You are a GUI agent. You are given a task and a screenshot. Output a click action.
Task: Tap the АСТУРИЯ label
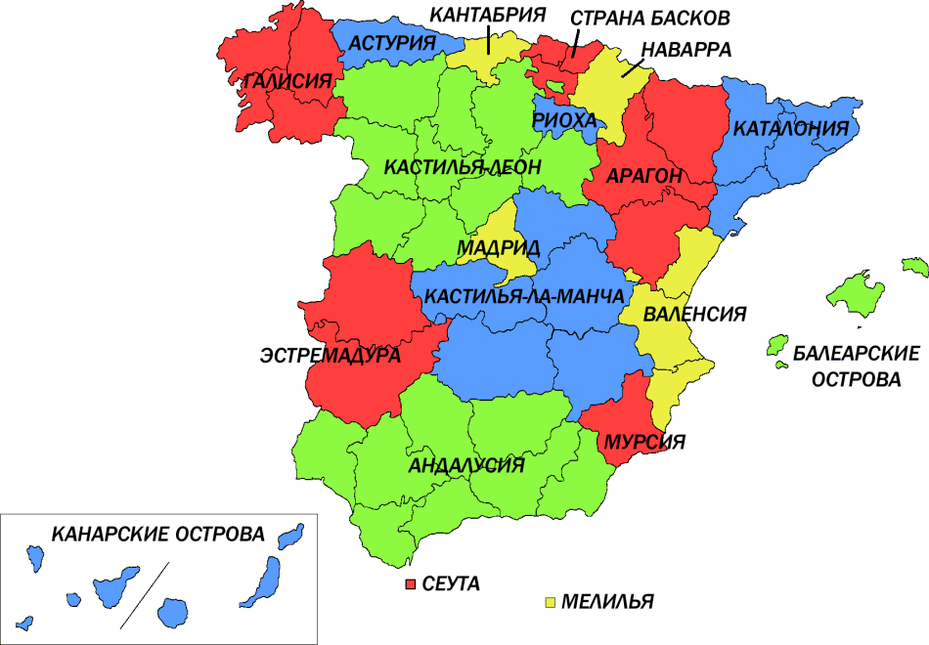pyautogui.click(x=393, y=43)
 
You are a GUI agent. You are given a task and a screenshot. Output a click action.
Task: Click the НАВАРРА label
pyautogui.click(x=686, y=49)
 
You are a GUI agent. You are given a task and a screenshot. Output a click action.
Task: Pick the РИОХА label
pyautogui.click(x=564, y=119)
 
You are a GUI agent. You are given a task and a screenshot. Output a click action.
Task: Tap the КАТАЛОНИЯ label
pyautogui.click(x=790, y=129)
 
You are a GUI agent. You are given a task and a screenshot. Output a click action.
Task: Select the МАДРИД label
pyautogui.click(x=498, y=248)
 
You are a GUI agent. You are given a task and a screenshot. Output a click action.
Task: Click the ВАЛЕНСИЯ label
pyautogui.click(x=695, y=315)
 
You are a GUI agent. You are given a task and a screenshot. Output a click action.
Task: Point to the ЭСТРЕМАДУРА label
pyautogui.click(x=331, y=356)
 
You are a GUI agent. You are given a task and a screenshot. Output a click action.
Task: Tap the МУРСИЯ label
pyautogui.click(x=643, y=441)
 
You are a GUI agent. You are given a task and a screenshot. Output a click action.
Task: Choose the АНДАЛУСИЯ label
pyautogui.click(x=467, y=465)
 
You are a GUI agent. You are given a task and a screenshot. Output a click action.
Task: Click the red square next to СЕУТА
pyautogui.click(x=412, y=583)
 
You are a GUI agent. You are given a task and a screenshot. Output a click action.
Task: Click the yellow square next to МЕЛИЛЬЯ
pyautogui.click(x=551, y=601)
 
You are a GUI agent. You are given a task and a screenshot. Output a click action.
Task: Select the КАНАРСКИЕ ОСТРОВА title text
pyautogui.click(x=158, y=536)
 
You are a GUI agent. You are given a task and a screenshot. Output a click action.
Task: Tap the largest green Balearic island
pyautogui.click(x=855, y=294)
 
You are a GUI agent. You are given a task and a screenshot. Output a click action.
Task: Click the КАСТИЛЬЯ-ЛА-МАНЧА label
pyautogui.click(x=526, y=297)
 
